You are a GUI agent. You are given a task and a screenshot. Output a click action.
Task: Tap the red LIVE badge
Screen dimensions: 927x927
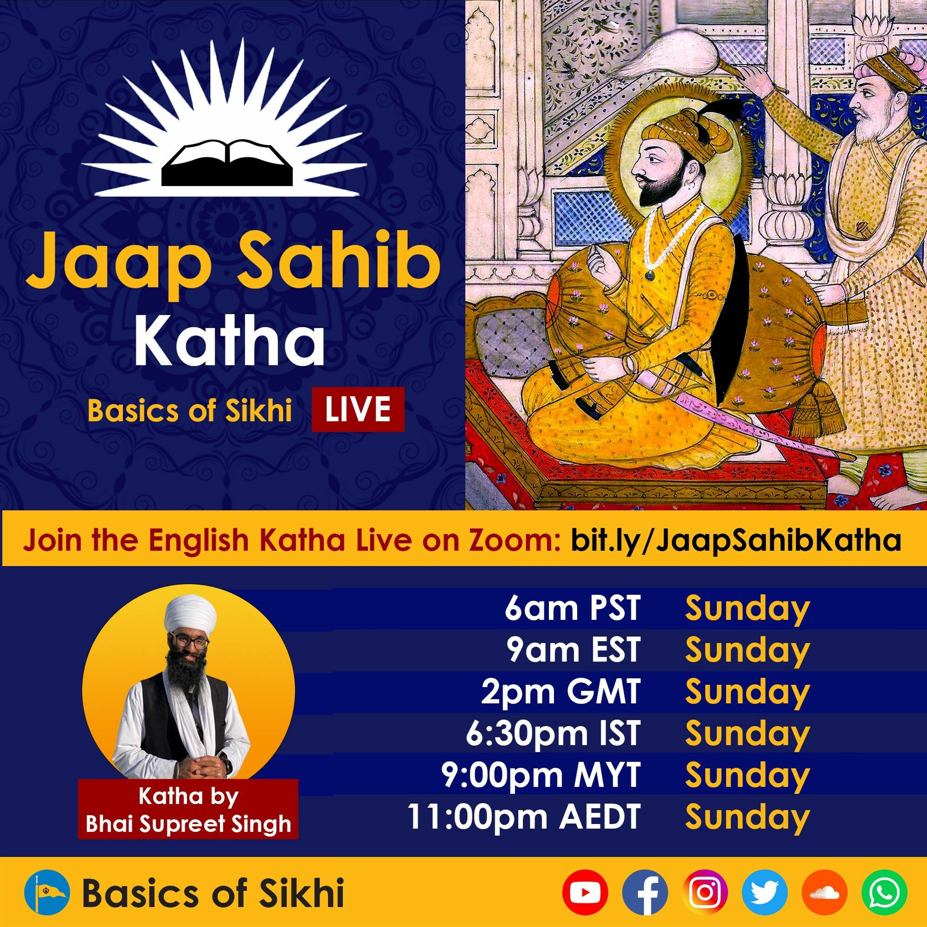(x=358, y=409)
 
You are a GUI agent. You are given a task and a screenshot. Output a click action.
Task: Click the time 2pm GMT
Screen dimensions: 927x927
(x=561, y=692)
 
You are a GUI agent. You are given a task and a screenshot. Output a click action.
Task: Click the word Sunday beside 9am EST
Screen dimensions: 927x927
(x=747, y=651)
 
